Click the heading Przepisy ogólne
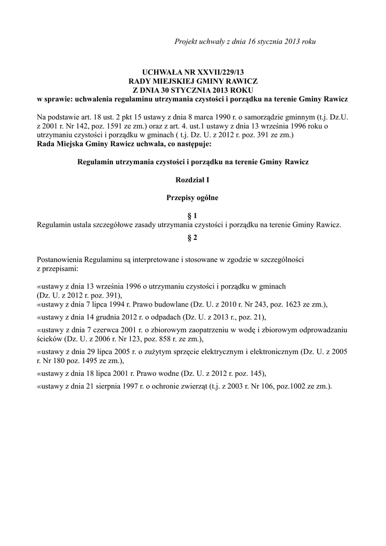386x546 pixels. [192, 197]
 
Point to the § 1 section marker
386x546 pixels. [192, 215]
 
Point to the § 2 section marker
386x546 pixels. [192, 238]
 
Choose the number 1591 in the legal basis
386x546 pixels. [111, 126]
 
